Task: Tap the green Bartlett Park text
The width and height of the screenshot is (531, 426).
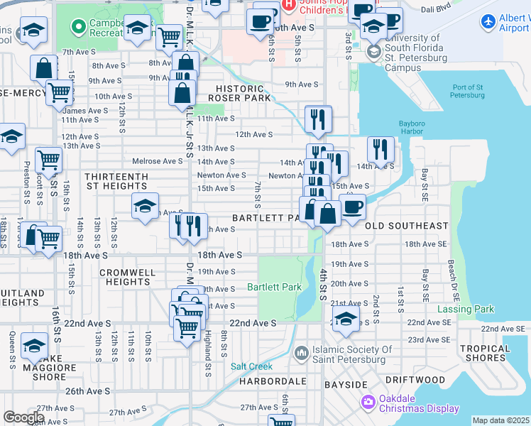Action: (x=274, y=288)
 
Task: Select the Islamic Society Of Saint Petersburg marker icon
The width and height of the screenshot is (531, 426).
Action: (x=302, y=352)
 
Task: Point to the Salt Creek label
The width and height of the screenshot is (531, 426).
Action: (x=251, y=366)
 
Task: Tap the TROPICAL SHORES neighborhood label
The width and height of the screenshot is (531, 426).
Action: (x=484, y=353)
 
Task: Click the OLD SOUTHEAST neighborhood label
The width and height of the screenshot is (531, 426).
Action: (x=407, y=226)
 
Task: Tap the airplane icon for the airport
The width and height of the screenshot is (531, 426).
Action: (x=487, y=23)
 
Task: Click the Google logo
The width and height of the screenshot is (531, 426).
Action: (x=24, y=417)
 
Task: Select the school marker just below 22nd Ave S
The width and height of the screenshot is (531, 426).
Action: (x=346, y=320)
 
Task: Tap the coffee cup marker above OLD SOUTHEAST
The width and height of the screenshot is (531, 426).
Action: (x=352, y=207)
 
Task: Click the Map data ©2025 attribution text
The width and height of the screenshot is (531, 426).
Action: (x=500, y=420)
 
